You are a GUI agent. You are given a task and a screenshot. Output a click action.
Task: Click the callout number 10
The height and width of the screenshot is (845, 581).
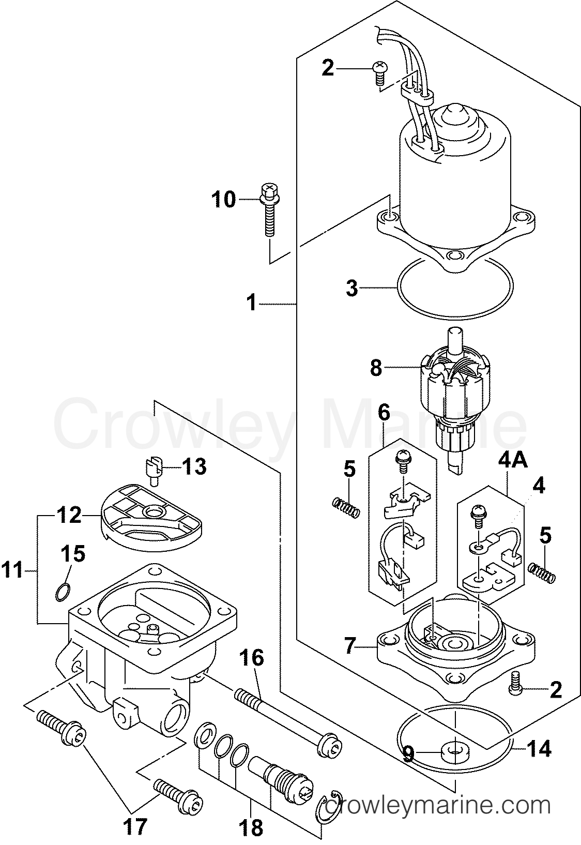pyautogui.click(x=223, y=199)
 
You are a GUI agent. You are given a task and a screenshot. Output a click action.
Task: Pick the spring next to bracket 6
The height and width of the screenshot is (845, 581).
pyautogui.click(x=345, y=507)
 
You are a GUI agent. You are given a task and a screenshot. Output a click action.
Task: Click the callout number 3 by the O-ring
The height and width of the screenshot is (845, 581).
pyautogui.click(x=352, y=288)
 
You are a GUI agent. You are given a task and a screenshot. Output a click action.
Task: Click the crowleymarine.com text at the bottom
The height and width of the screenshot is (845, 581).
pyautogui.click(x=439, y=805)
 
